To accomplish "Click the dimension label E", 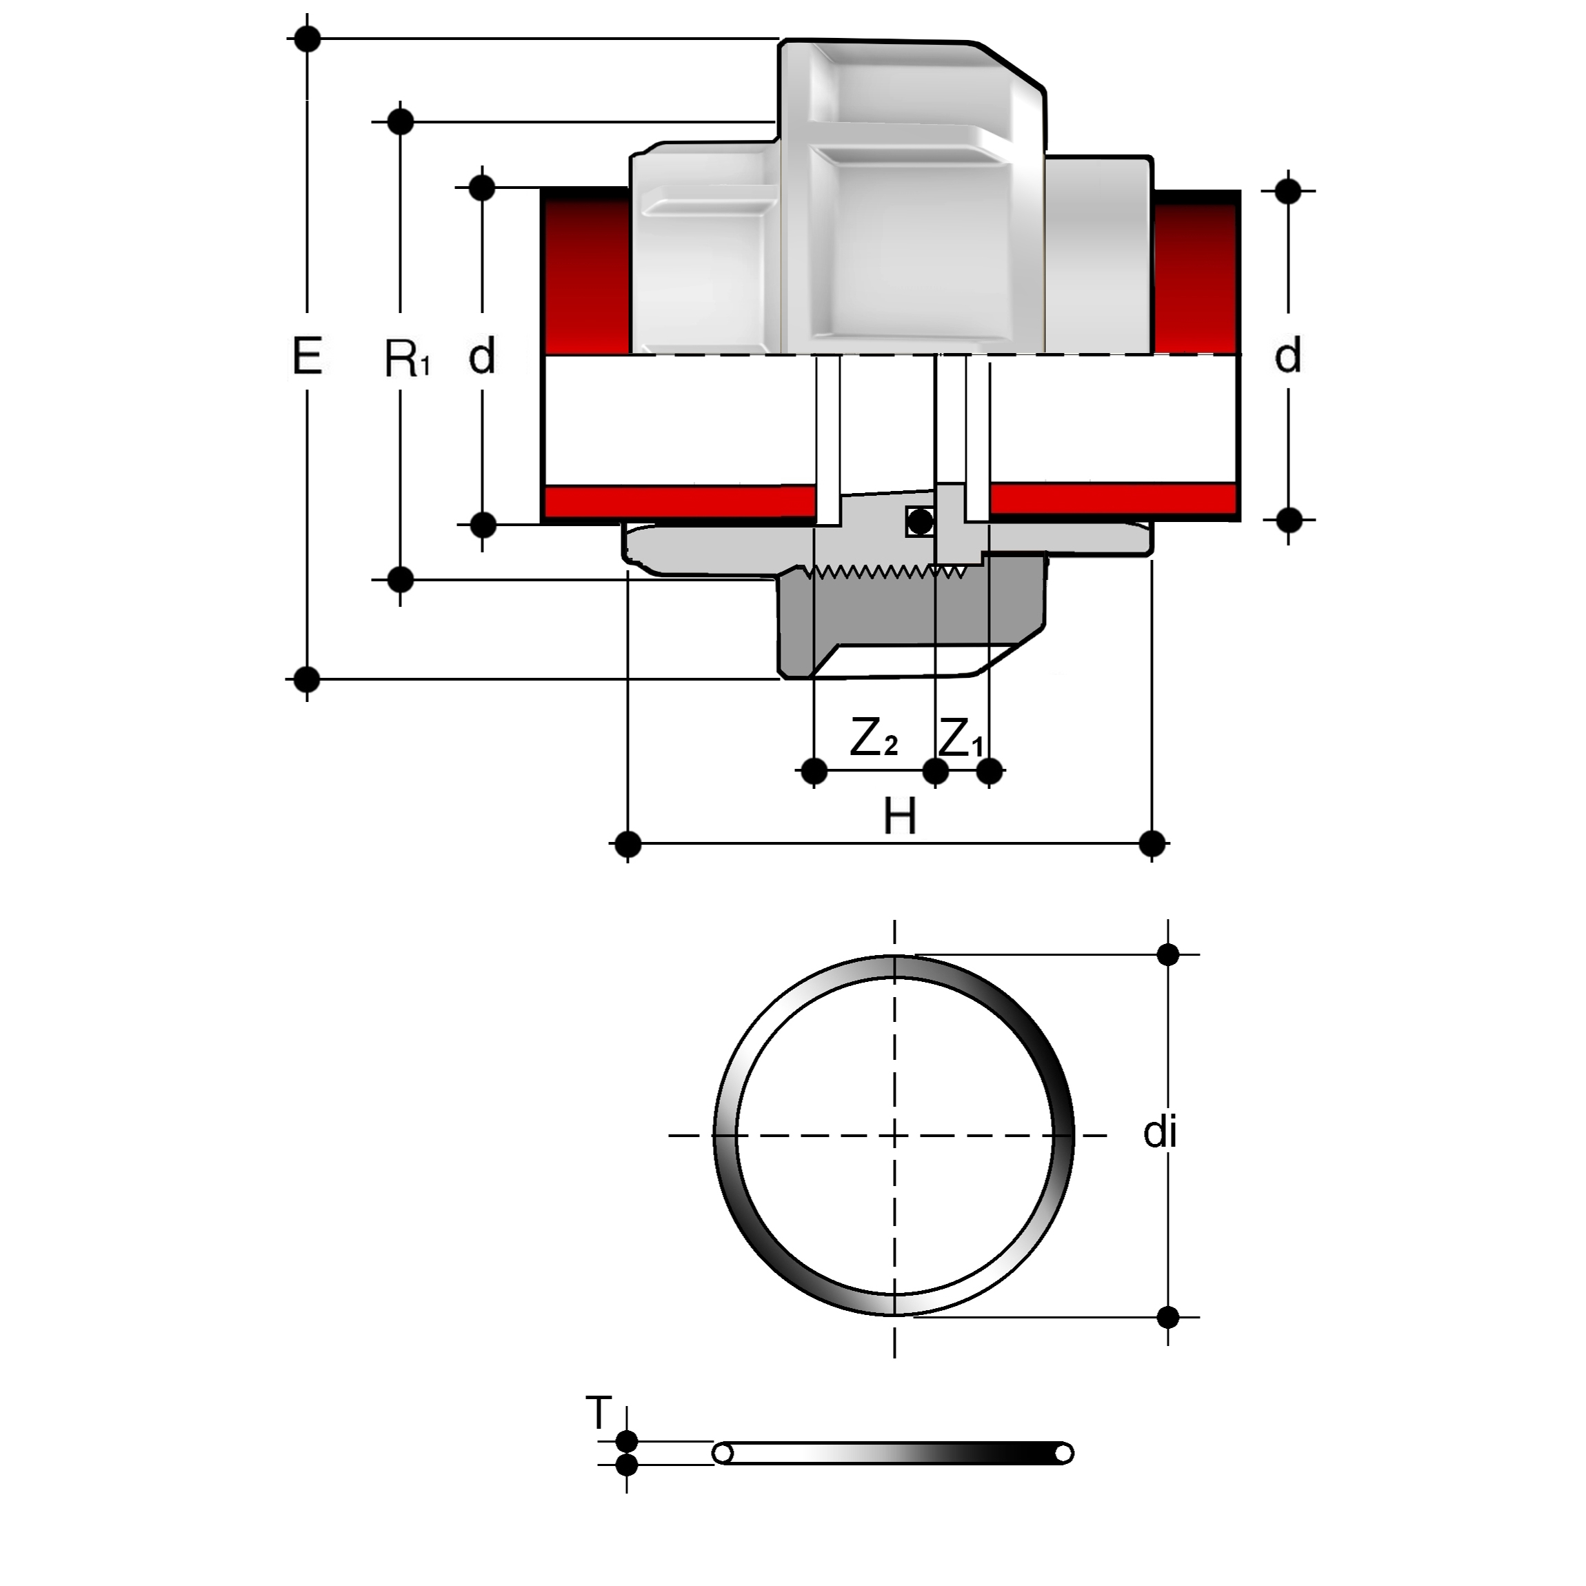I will coord(307,357).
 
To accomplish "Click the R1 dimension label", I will coord(405,359).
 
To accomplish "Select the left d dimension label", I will coord(482,357).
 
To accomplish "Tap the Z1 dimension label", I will coord(960,739).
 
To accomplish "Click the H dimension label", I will coord(900,818).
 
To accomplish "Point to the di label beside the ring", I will coord(1160,1133).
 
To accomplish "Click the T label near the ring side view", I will coord(599,1413).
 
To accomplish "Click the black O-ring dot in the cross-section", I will coord(921,521).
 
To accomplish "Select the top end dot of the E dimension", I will coord(307,38).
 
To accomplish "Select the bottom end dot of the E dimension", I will coord(307,679).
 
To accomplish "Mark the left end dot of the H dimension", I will coord(628,843).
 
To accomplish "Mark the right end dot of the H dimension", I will coord(1152,843).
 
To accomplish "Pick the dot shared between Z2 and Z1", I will coord(936,771).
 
